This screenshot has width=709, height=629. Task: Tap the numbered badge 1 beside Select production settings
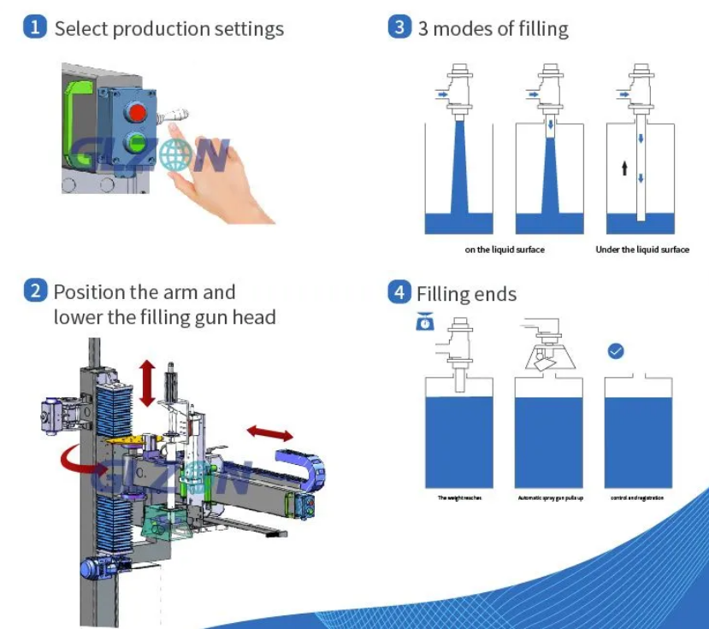coord(35,27)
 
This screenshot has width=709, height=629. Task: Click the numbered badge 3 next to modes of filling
coord(399,27)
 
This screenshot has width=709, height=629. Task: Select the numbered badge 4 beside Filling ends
coord(399,293)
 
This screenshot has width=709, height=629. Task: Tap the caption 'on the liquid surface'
coord(505,250)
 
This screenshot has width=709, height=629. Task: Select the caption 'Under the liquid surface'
coord(642,250)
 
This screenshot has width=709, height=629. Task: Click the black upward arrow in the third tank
coord(624,168)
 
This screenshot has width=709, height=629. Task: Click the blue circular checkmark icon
coord(615,350)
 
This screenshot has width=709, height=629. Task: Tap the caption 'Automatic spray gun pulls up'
coord(550,497)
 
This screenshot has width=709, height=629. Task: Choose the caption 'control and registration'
coord(637,497)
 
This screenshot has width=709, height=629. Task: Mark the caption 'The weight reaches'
coord(459,497)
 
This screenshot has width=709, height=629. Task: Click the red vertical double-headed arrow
coord(147,382)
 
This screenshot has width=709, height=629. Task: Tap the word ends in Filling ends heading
coord(497,295)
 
